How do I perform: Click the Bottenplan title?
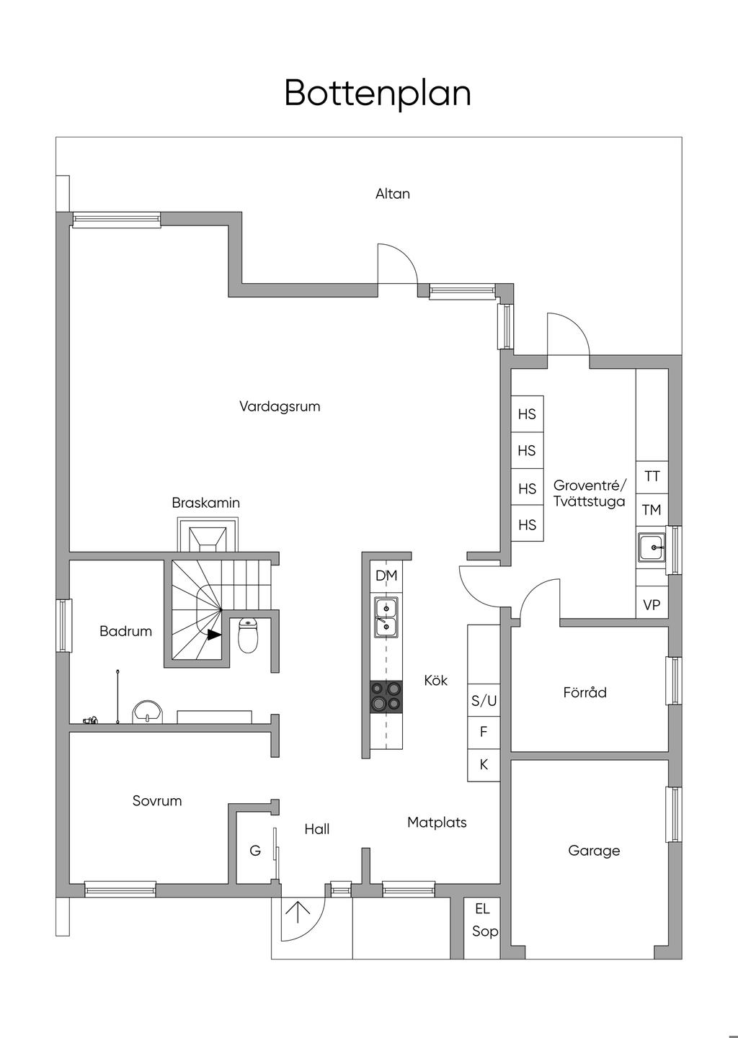tap(378, 93)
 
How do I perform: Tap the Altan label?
tap(393, 194)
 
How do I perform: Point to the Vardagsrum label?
tap(280, 406)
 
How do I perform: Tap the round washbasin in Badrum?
tap(147, 712)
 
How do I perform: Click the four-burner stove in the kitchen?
tap(386, 697)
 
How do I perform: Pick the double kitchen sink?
tap(386, 617)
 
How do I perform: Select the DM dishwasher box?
tap(386, 576)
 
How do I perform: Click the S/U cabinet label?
tap(484, 700)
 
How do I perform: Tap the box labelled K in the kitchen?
tap(484, 764)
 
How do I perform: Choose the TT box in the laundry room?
tap(652, 477)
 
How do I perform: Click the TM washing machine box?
tap(652, 510)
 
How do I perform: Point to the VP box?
tap(652, 605)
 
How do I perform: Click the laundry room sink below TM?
tap(652, 547)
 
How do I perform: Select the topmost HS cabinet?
tap(527, 414)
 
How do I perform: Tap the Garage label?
tap(594, 851)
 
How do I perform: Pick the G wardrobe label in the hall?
tap(255, 851)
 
